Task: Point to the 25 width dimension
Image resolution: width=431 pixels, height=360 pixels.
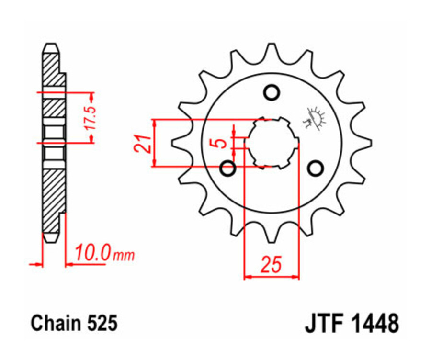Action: click(271, 264)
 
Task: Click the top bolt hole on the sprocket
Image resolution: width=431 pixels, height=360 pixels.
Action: click(272, 92)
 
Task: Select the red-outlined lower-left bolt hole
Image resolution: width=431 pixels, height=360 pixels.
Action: click(227, 168)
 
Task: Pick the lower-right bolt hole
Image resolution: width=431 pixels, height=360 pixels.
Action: click(315, 168)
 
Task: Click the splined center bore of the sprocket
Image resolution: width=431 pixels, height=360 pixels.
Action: click(272, 142)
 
